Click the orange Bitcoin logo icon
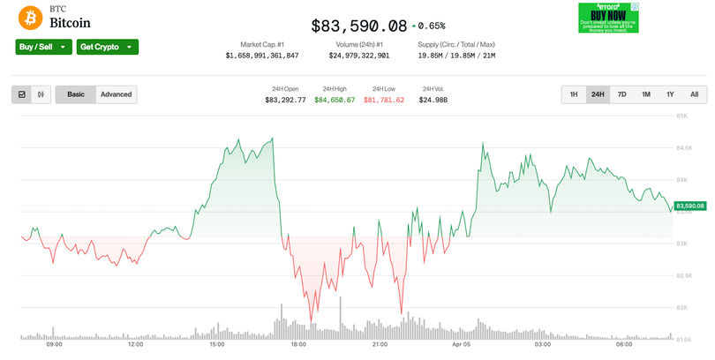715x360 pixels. coord(32,18)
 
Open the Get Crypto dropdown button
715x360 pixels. coord(108,47)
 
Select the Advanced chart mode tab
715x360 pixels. coord(116,94)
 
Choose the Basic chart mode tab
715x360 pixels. coord(76,94)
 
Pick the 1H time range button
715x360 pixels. coord(573,94)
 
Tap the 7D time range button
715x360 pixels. coord(621,94)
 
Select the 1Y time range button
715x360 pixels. coord(670,94)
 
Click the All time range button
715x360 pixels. coord(694,94)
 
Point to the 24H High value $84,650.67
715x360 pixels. coord(335,100)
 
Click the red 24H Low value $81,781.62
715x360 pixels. coord(384,100)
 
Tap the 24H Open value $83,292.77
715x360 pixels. coord(285,100)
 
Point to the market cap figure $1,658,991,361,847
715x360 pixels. coord(262,56)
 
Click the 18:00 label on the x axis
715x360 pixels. coord(298,344)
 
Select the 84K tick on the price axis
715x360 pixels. coord(681,179)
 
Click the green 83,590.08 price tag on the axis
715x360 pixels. coord(689,206)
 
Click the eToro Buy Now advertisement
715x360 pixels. coord(608,18)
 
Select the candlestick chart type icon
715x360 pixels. coord(41,94)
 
